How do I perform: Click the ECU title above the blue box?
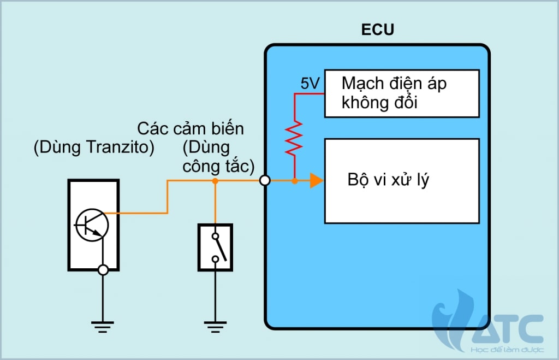click(377, 30)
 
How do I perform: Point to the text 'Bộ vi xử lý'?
click(388, 180)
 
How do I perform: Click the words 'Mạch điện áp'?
click(394, 84)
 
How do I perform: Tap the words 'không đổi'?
click(379, 103)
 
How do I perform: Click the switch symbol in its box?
click(215, 247)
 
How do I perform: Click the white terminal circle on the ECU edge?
click(265, 180)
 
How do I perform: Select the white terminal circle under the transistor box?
click(102, 269)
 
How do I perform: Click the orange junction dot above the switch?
click(215, 180)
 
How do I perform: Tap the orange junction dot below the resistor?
click(294, 180)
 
